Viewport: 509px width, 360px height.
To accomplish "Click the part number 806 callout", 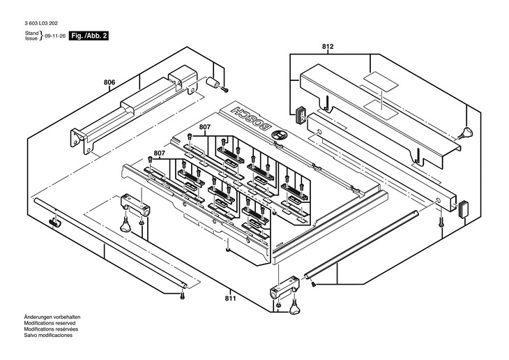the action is tap(109, 82).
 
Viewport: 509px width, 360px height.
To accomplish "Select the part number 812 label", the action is tap(328, 47).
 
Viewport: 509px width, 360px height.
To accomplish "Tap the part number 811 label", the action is tap(231, 299).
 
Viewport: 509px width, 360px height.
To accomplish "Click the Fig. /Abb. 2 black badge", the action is tap(89, 36).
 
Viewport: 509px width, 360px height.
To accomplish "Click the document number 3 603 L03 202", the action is tap(41, 24).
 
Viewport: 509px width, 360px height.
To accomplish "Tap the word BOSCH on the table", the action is tap(250, 119).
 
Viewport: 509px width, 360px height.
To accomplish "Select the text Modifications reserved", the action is tap(50, 323).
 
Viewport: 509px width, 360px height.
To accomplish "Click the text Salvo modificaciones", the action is tap(48, 335).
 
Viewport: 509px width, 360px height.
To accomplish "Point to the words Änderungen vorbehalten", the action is tap(52, 317).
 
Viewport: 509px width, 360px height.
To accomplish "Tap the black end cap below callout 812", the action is tap(301, 115).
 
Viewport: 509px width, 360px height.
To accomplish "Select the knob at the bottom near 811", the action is tap(294, 307).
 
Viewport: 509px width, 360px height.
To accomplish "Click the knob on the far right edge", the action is tap(467, 133).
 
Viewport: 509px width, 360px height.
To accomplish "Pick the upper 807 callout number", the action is tap(205, 127).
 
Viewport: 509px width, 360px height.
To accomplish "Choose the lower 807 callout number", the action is tap(160, 153).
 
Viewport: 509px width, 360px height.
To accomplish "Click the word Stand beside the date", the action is tap(32, 33).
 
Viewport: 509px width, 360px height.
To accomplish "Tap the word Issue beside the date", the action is tap(31, 38).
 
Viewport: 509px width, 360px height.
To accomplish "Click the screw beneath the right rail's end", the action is tap(441, 222).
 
